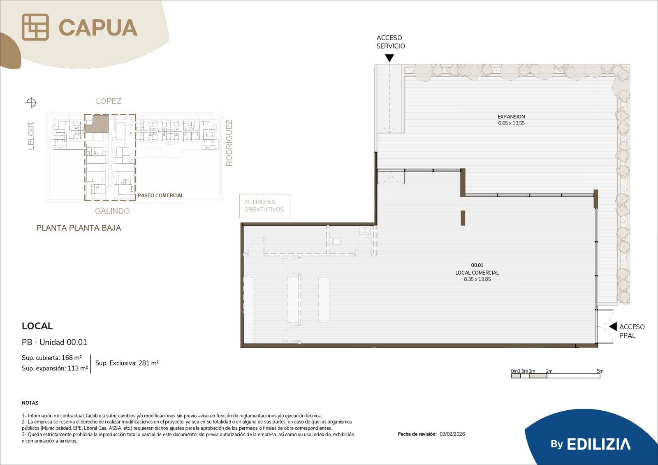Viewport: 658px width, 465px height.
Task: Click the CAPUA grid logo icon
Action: pyautogui.click(x=35, y=27)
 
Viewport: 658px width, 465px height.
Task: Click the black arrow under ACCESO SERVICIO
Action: pyautogui.click(x=389, y=58)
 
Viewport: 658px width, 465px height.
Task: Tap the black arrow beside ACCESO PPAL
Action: pyautogui.click(x=613, y=326)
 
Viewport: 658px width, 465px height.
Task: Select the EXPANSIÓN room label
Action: pyautogui.click(x=511, y=117)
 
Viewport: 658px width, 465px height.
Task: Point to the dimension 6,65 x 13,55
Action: pyautogui.click(x=511, y=123)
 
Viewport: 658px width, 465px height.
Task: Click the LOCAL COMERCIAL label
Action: pyautogui.click(x=477, y=273)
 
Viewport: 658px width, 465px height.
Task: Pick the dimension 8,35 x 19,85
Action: pyautogui.click(x=477, y=279)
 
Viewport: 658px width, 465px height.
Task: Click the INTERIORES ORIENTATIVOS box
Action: pyautogui.click(x=265, y=206)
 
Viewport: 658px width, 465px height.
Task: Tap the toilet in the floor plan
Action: pyautogui.click(x=335, y=241)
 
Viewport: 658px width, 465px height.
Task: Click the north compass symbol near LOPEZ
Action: pyautogui.click(x=31, y=103)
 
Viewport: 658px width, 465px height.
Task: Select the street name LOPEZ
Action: pyautogui.click(x=109, y=101)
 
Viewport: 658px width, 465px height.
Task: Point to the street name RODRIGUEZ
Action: pyautogui.click(x=229, y=143)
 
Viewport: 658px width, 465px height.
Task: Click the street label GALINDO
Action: pyautogui.click(x=112, y=211)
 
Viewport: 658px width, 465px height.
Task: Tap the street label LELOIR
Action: pyautogui.click(x=31, y=136)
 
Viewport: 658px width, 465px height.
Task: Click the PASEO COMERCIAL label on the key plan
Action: pyautogui.click(x=160, y=195)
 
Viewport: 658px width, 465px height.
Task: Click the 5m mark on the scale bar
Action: pyautogui.click(x=600, y=371)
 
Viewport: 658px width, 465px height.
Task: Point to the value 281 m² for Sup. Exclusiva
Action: pyautogui.click(x=148, y=363)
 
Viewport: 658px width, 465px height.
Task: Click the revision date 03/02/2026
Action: pyautogui.click(x=452, y=434)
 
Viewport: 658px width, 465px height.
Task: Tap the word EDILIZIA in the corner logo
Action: pyautogui.click(x=598, y=444)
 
